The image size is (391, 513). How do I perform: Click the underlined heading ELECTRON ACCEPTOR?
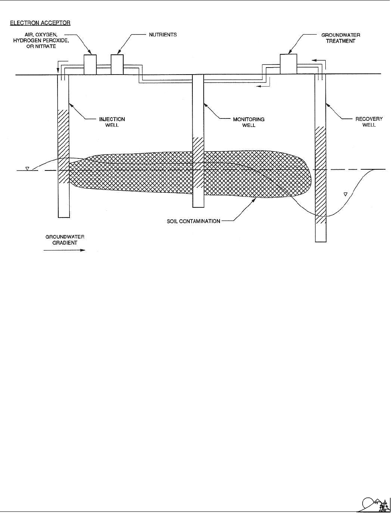(x=40, y=23)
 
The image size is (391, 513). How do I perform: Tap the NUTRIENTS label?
(x=163, y=35)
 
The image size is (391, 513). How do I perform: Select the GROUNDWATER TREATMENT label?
(x=340, y=38)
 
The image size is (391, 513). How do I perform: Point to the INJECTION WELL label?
(x=112, y=122)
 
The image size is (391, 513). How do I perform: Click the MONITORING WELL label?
(x=249, y=122)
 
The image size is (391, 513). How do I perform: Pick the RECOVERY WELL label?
(x=369, y=122)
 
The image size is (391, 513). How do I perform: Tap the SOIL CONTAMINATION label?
(x=194, y=221)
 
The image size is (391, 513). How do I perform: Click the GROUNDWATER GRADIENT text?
(x=65, y=240)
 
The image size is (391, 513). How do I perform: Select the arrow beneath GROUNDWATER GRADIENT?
(x=64, y=250)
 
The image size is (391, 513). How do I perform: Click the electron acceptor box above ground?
(x=90, y=65)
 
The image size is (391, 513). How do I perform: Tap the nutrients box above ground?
(x=117, y=65)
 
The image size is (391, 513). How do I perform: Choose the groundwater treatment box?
(x=288, y=64)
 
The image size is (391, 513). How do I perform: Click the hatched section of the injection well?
(x=63, y=146)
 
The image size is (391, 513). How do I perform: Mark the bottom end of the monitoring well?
(x=198, y=207)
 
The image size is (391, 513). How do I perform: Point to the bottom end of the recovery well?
(x=321, y=242)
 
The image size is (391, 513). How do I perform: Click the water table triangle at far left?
(x=27, y=168)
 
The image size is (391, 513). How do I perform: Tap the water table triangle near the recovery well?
(x=346, y=194)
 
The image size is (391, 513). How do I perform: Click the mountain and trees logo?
(x=373, y=504)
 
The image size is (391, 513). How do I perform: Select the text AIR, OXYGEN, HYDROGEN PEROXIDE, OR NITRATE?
(x=41, y=40)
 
